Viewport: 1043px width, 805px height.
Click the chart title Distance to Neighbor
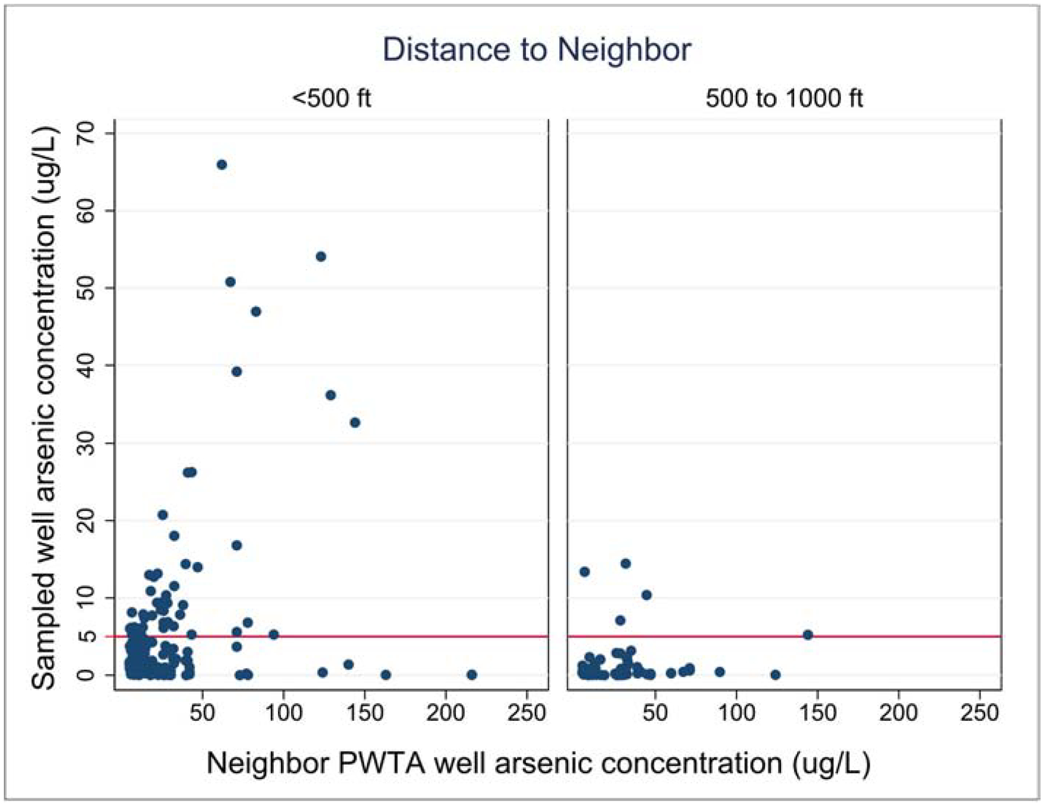click(x=537, y=50)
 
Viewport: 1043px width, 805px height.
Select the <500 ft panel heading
click(x=331, y=98)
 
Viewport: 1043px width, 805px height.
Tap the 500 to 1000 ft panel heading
click(x=784, y=98)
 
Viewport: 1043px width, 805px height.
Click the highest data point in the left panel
click(x=221, y=165)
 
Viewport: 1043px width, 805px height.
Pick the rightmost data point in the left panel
click(x=472, y=675)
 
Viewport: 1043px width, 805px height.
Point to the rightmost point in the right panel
click(x=808, y=635)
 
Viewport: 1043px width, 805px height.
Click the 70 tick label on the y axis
click(x=86, y=134)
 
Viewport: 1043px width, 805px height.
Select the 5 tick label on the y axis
click(x=86, y=636)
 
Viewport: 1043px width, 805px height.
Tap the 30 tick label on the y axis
click(x=86, y=443)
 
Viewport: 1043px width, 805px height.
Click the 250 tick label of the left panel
click(x=527, y=712)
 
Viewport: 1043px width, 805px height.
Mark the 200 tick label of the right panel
click(x=898, y=712)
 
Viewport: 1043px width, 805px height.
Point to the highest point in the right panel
click(x=625, y=563)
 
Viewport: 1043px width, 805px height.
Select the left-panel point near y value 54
click(x=320, y=257)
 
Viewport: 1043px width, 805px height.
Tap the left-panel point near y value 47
click(x=256, y=312)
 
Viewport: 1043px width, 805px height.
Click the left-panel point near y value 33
click(x=355, y=422)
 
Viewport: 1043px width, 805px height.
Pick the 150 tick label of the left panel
click(x=364, y=712)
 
